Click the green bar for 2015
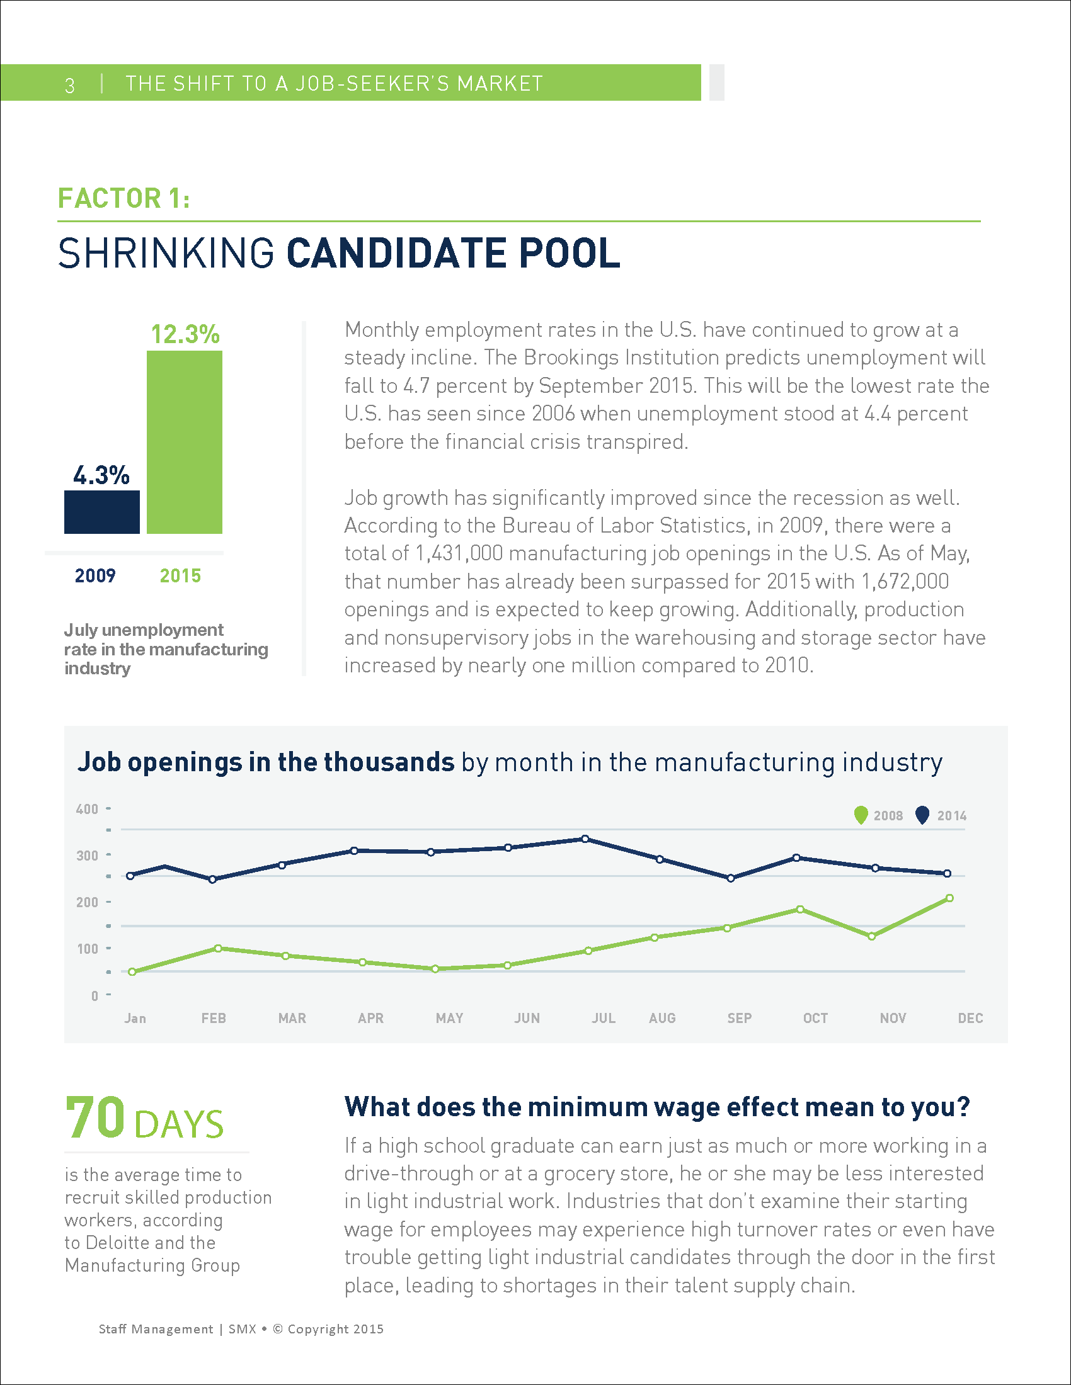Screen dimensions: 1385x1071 click(x=184, y=442)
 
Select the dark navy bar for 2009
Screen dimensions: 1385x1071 click(x=101, y=512)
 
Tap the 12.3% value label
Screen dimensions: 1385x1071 click(x=185, y=334)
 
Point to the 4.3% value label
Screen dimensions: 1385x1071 click(x=101, y=475)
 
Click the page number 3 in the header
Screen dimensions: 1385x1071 click(x=70, y=84)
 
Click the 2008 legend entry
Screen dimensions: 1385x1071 click(x=879, y=815)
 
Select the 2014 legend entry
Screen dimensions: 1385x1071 click(x=942, y=815)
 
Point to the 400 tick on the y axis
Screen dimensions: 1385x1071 click(x=87, y=809)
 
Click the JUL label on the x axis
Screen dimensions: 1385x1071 click(x=604, y=1018)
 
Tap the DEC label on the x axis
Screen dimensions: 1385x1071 click(x=970, y=1018)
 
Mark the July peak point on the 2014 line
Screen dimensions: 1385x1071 click(x=585, y=839)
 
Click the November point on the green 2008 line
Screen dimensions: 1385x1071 click(x=872, y=937)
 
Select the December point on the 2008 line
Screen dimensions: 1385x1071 click(x=950, y=898)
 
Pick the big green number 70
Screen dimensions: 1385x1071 click(x=95, y=1118)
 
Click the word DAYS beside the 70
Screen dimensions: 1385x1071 click(x=179, y=1124)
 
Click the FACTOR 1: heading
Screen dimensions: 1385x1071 click(x=123, y=198)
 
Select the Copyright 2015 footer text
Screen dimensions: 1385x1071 click(x=335, y=1328)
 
